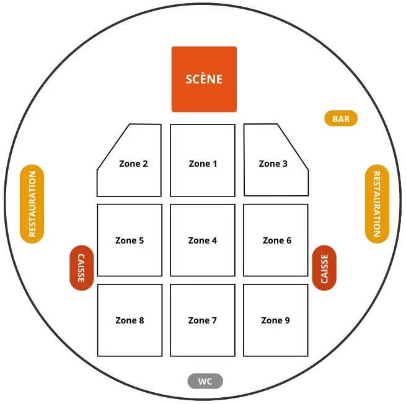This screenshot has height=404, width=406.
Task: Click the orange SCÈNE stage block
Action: (x=204, y=79)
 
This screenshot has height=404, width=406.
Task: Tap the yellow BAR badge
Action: (x=341, y=118)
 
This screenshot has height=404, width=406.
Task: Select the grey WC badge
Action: (x=205, y=381)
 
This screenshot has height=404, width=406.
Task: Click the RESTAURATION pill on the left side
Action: (x=32, y=204)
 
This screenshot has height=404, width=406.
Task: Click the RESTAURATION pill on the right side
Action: (x=376, y=204)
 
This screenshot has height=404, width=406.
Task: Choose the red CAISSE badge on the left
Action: (x=81, y=268)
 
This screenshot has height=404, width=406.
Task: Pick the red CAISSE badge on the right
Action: (x=324, y=268)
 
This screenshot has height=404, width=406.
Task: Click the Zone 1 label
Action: (x=203, y=164)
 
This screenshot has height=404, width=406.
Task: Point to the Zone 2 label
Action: (x=133, y=164)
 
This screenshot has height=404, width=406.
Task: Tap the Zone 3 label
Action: (x=273, y=164)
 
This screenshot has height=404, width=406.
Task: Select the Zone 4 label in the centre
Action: (x=203, y=240)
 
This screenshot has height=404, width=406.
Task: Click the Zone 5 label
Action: (x=130, y=240)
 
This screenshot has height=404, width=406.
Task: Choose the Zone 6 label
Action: (x=276, y=240)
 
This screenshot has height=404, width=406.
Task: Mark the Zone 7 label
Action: (x=203, y=320)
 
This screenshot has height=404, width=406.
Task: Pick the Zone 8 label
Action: (x=130, y=320)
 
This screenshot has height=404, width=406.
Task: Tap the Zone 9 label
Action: (x=275, y=320)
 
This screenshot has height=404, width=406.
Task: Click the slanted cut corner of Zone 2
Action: (x=113, y=146)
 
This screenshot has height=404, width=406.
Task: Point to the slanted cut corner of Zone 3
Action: (x=293, y=146)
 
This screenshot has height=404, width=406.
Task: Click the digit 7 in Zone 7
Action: (x=214, y=320)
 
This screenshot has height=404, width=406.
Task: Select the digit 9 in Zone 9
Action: (x=287, y=320)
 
